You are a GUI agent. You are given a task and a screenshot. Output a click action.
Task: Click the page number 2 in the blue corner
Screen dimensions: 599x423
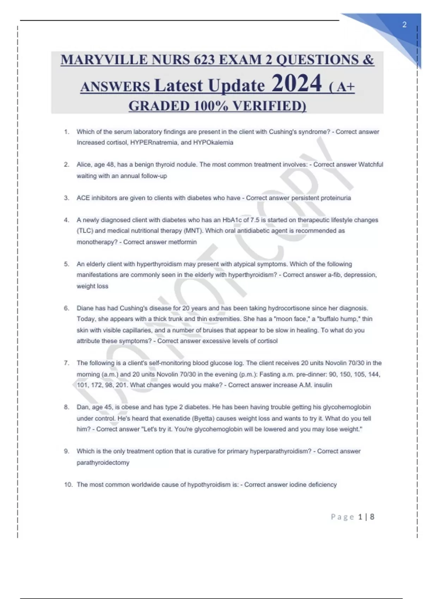coord(404,25)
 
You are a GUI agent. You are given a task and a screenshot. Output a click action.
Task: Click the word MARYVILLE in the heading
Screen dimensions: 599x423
coord(104,60)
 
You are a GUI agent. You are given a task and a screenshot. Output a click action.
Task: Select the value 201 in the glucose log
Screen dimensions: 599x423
coord(121,385)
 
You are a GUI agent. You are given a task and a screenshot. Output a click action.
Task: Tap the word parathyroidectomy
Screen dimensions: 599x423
coord(103,463)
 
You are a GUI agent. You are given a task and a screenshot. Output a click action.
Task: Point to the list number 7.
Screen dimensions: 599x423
coord(66,363)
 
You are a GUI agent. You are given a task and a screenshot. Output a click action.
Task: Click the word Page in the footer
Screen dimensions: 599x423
coord(342,517)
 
